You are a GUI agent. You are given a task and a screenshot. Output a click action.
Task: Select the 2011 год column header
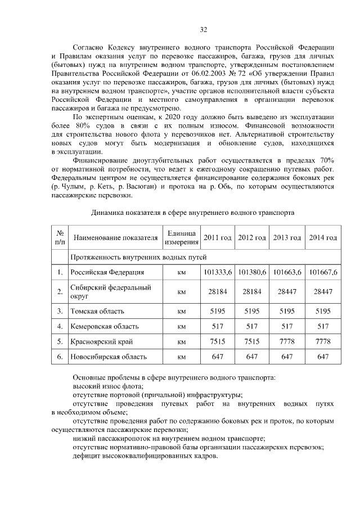coord(217,238)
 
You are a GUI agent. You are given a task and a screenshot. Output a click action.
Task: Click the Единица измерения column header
coord(181,238)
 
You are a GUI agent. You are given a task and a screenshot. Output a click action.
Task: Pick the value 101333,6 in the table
coord(217,272)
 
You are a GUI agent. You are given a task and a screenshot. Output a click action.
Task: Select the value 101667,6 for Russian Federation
coord(322,272)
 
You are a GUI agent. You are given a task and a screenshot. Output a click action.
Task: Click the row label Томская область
coord(96,310)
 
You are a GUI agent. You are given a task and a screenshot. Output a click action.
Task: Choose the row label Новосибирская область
coord(108,357)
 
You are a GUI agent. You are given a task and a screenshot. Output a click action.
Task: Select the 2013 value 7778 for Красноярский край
coord(287,341)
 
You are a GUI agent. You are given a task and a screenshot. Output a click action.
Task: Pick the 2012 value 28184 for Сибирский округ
coord(252,291)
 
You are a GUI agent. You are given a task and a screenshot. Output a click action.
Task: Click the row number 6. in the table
coord(59,357)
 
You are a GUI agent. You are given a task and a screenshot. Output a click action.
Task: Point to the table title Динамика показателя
coord(191,213)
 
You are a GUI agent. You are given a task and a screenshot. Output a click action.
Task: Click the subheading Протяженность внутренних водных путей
coord(139,257)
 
